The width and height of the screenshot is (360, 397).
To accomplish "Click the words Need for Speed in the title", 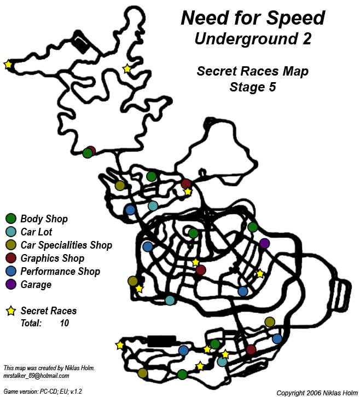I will (x=253, y=18).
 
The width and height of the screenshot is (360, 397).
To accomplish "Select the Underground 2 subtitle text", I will (x=252, y=39).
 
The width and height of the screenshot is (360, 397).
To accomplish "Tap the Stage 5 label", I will (x=252, y=87).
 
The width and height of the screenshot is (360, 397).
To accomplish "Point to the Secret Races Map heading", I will (x=252, y=71).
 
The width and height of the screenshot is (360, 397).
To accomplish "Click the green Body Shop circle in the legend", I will (x=10, y=219).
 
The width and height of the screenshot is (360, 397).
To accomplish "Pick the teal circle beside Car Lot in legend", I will (x=10, y=232).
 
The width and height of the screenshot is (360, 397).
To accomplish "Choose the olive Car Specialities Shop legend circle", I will (x=10, y=245).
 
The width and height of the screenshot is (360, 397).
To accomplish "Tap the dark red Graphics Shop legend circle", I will (x=10, y=258).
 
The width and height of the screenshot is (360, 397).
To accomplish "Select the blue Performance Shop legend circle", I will (x=10, y=272).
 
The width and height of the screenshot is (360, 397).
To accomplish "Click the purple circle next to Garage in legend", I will (x=10, y=285).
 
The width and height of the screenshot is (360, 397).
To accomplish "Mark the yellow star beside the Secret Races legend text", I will (x=10, y=311).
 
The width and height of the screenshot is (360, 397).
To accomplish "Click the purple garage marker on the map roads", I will (x=265, y=243).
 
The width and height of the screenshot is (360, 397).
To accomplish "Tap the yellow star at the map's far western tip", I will (x=8, y=65).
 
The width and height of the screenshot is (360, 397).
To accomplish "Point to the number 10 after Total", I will (x=65, y=324).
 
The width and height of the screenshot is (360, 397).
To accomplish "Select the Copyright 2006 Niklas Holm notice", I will (x=316, y=393).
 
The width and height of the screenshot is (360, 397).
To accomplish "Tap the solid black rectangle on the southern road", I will (x=161, y=340).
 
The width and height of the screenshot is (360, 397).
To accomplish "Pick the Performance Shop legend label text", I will (x=60, y=272).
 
